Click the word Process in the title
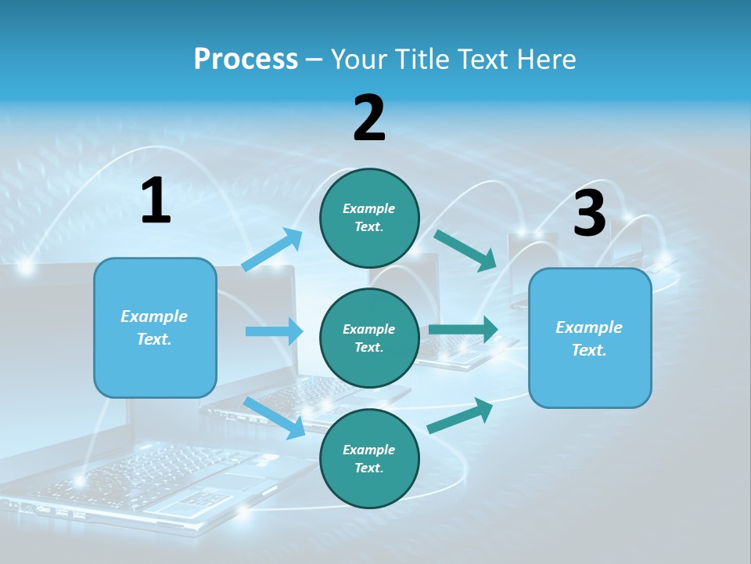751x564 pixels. point(246,59)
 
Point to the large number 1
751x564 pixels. point(156,201)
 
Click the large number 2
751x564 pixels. point(369,118)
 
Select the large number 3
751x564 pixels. point(589,214)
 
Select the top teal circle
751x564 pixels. point(369,218)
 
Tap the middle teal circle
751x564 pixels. point(369,338)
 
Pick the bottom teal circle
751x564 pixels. point(369,458)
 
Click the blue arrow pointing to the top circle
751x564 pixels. point(272,249)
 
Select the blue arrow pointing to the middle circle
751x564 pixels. point(274,331)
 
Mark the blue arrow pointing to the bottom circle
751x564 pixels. point(275,418)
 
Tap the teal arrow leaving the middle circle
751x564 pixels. point(463,329)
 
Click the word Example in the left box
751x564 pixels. point(154,316)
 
